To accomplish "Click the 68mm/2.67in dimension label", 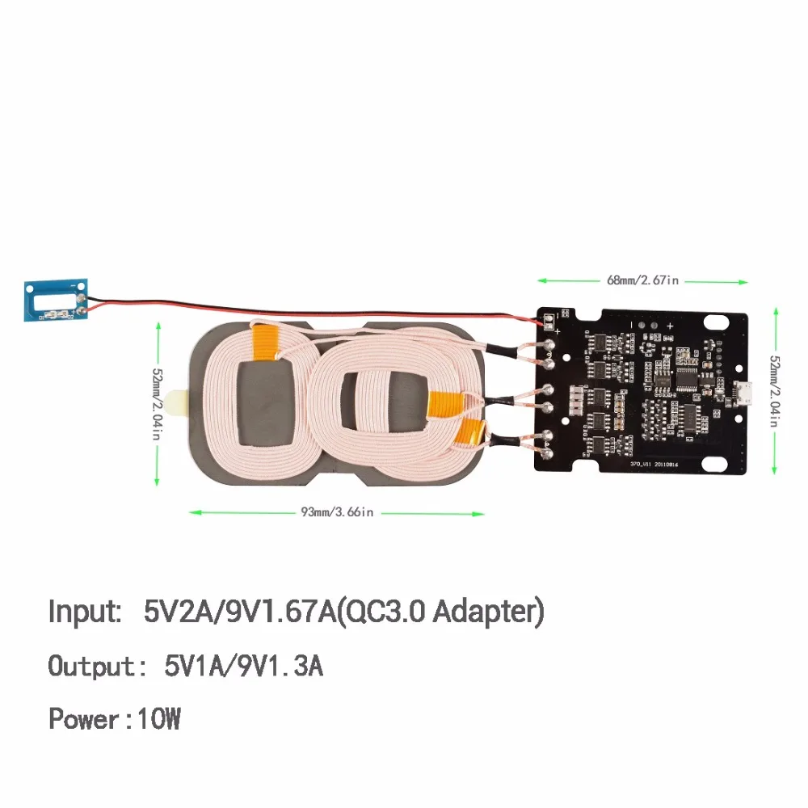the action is (643, 280).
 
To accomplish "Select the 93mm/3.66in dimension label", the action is (337, 511).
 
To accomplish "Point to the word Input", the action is (84, 612).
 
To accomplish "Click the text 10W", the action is (160, 718).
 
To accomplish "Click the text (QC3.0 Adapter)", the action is (440, 612).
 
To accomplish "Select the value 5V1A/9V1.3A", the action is (243, 667).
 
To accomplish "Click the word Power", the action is (82, 718).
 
